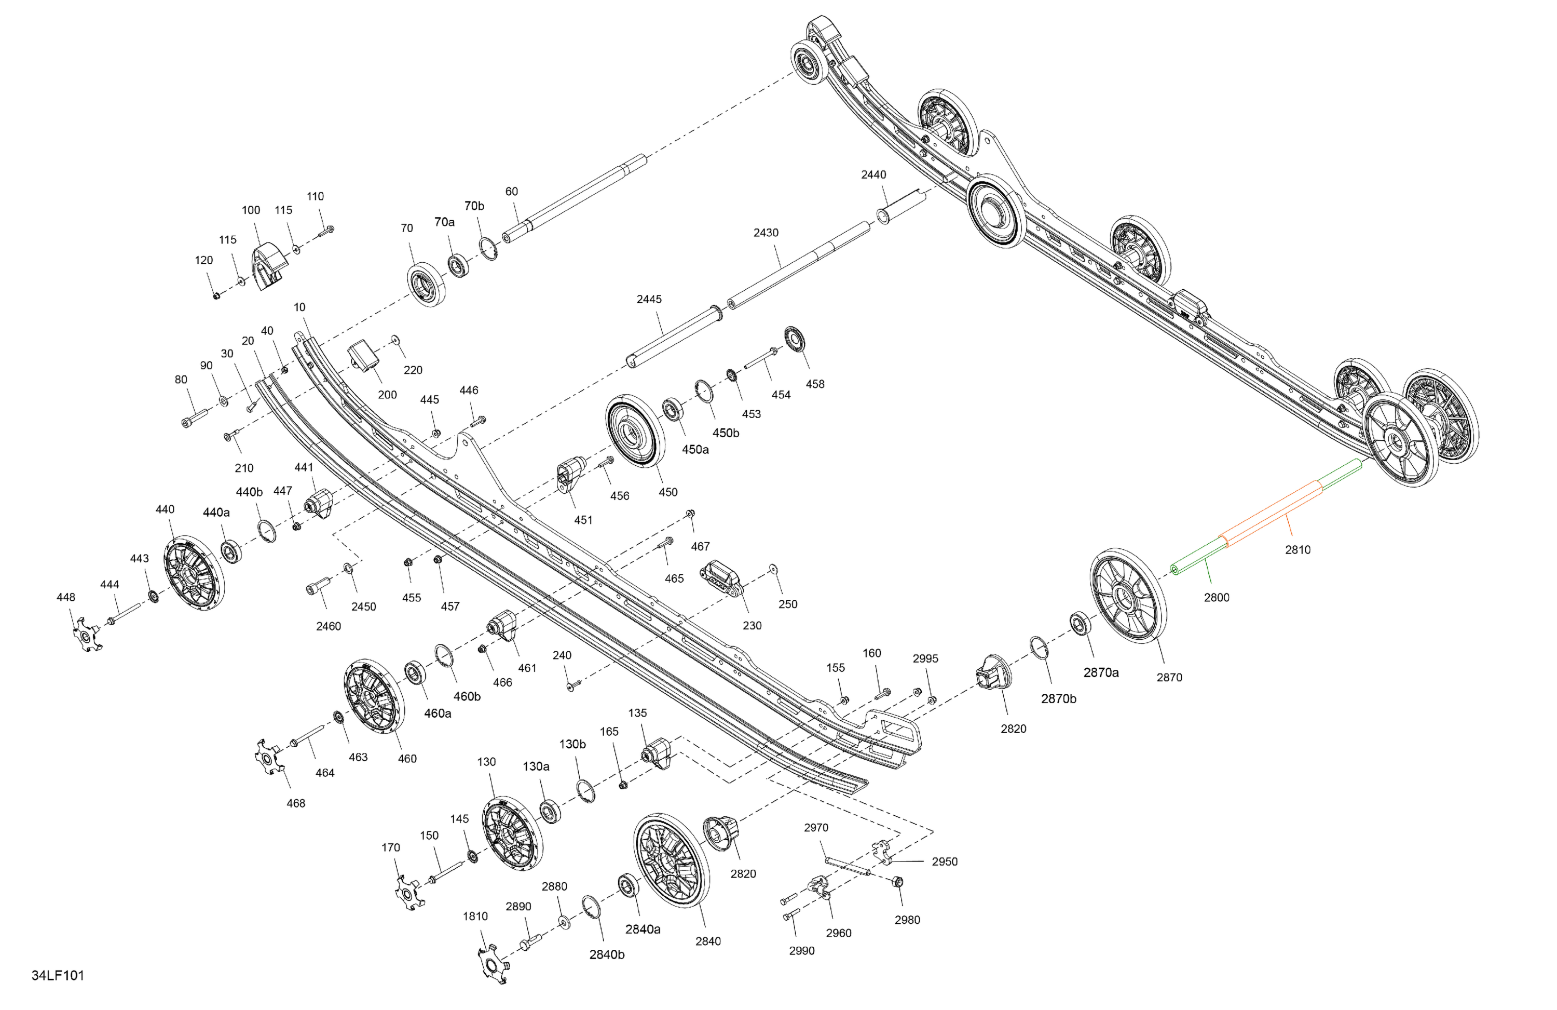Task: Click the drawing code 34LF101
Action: point(58,975)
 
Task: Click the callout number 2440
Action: point(873,175)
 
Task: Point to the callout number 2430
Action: point(766,232)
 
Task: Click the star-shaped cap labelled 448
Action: point(86,634)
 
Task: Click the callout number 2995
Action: point(925,658)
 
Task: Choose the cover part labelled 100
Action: point(268,266)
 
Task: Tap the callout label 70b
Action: point(474,206)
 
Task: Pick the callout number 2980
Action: point(907,920)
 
